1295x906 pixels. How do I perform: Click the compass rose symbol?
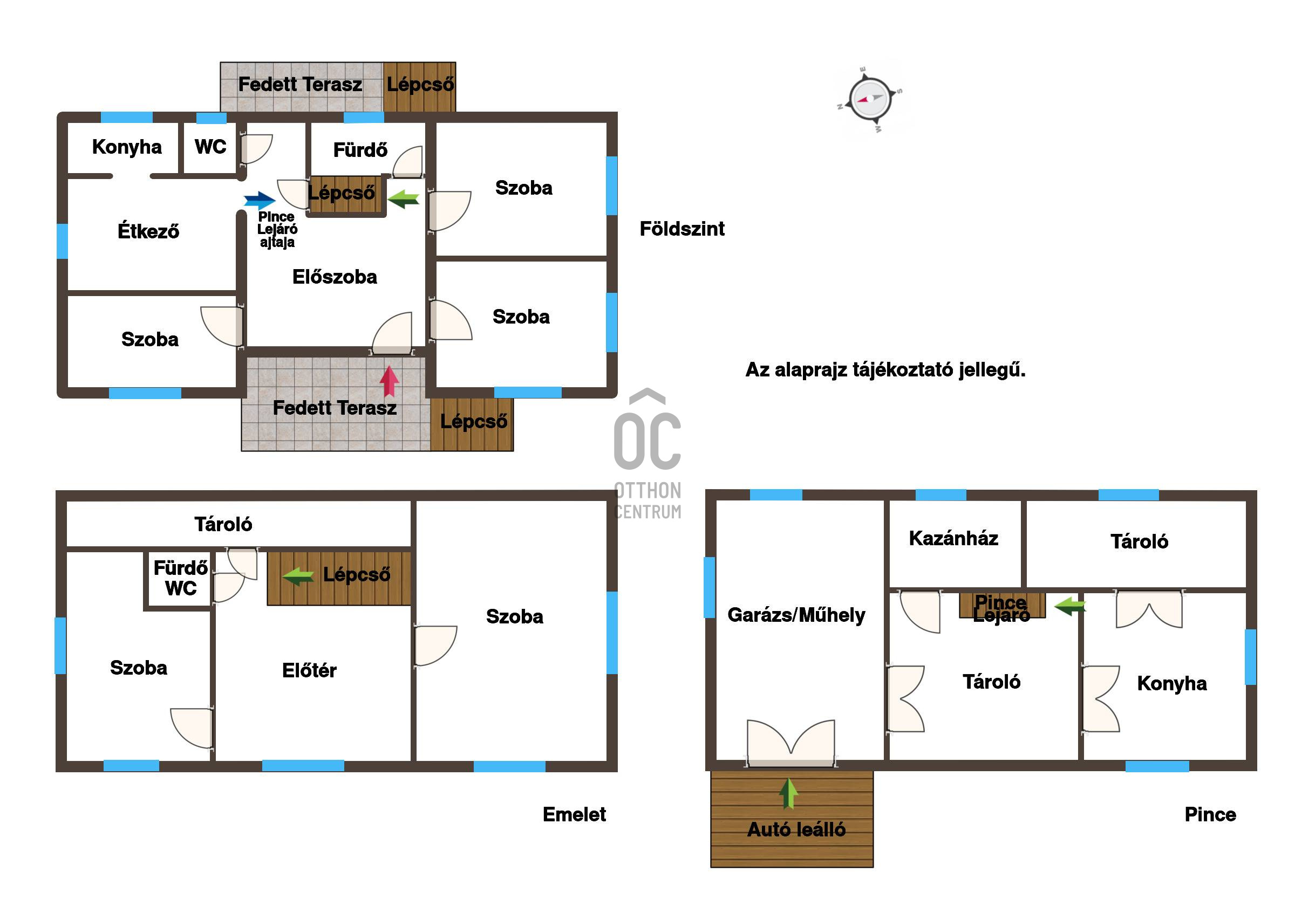pos(870,99)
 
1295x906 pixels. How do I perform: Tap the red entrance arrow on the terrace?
pos(389,381)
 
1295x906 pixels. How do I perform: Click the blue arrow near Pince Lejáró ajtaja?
pos(260,200)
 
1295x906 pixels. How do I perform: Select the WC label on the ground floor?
pos(210,147)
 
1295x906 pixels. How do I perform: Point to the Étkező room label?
pos(148,231)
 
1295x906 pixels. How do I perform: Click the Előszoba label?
pos(335,277)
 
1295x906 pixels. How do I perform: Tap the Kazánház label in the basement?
pos(954,538)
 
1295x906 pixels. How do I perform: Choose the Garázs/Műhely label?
pos(796,615)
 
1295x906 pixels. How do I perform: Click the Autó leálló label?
pos(796,829)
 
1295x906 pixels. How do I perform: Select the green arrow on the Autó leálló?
pos(788,793)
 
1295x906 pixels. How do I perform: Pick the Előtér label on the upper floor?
pos(309,670)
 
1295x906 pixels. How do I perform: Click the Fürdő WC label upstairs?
pos(180,578)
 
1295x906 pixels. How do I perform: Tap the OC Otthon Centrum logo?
pos(647,454)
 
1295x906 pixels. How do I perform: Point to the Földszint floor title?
pos(682,229)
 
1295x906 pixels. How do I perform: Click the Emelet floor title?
pos(574,815)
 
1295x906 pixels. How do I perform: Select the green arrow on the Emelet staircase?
pos(298,576)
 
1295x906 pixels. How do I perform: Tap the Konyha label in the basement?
pos(1172,683)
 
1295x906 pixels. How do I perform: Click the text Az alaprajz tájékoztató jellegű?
pos(885,370)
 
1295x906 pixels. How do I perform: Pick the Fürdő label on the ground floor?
pos(360,150)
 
